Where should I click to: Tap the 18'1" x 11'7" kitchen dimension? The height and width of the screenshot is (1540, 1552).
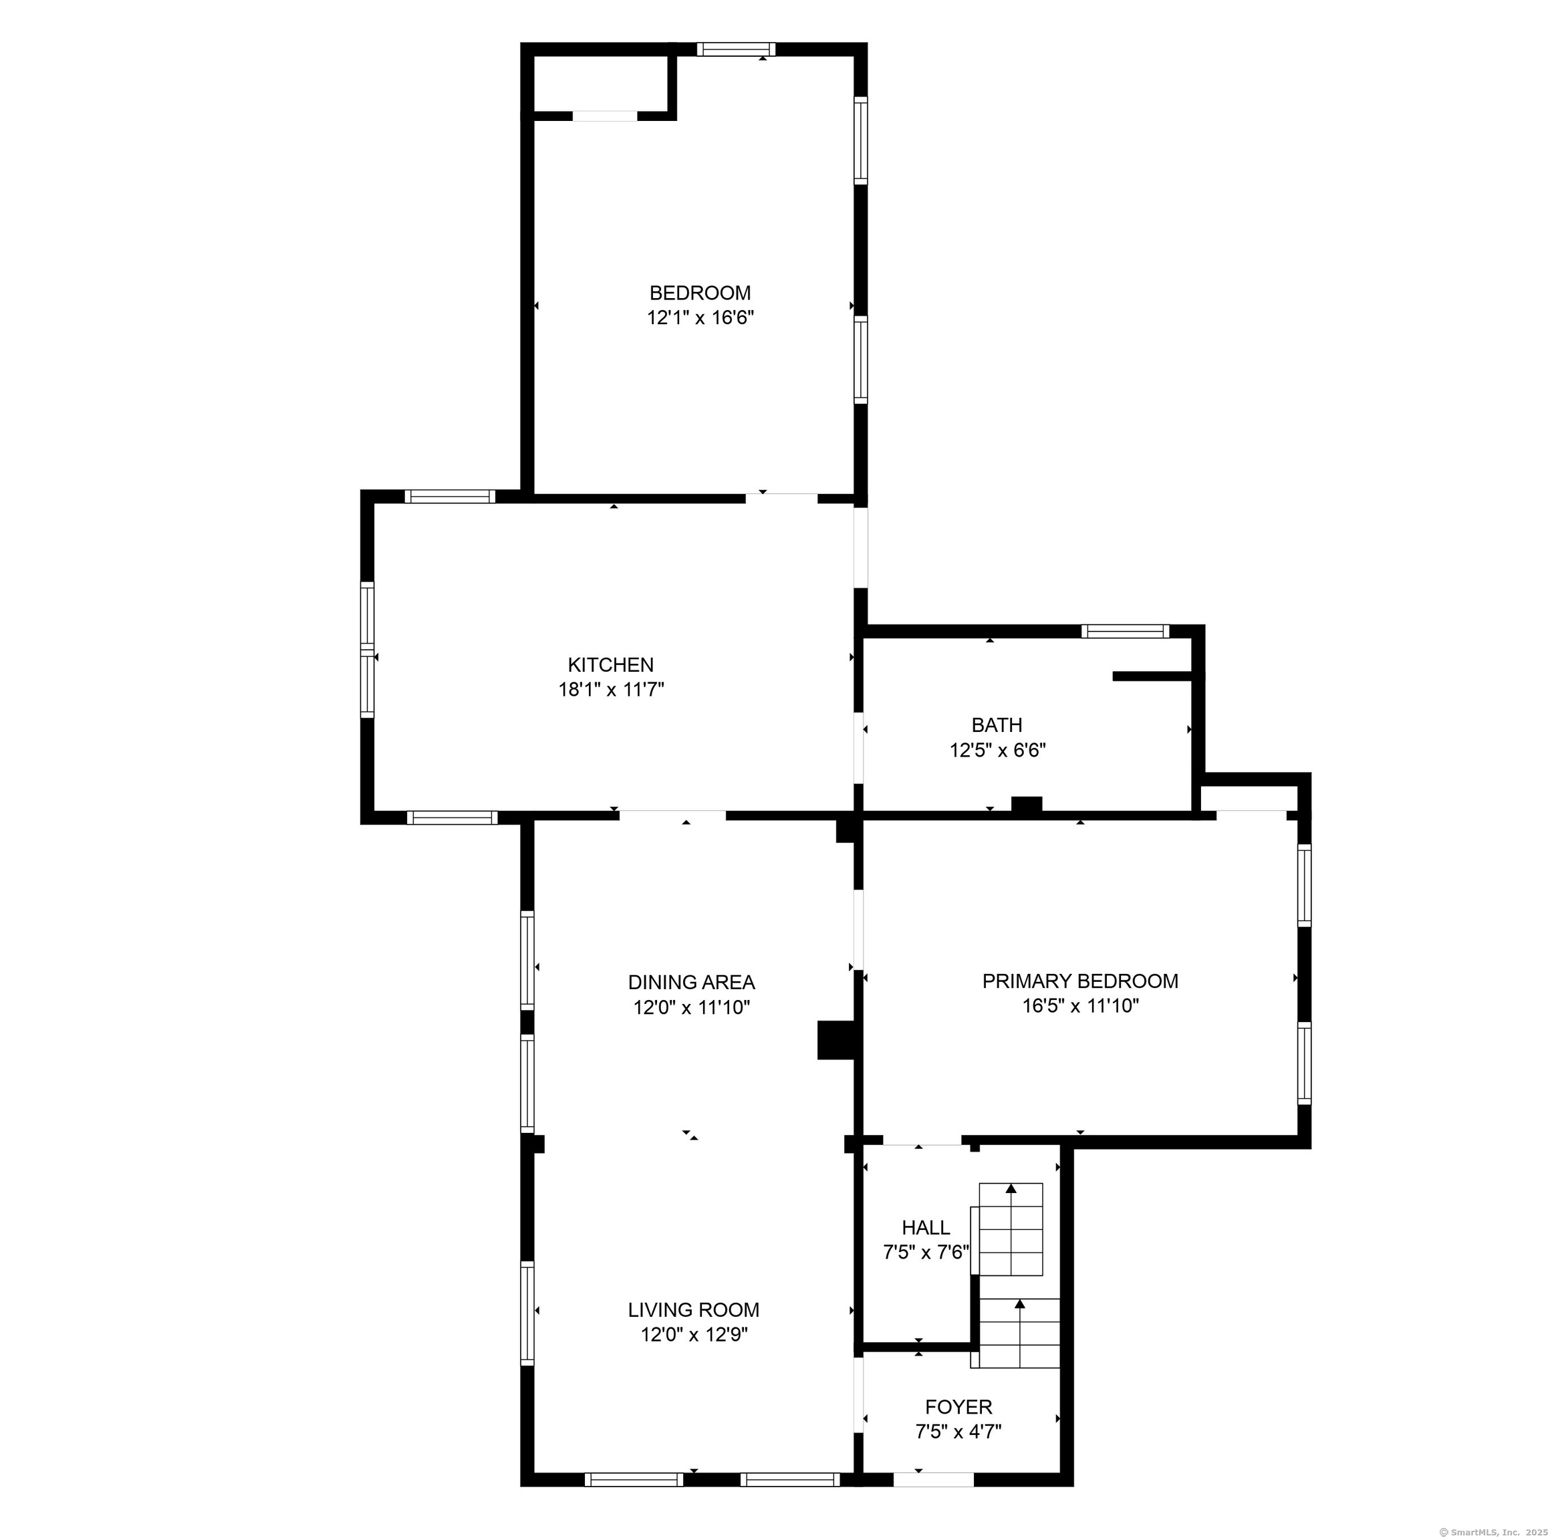(x=612, y=689)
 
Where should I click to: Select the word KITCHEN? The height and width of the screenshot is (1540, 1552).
(x=610, y=664)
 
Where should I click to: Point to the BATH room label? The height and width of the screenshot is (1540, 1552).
(x=997, y=725)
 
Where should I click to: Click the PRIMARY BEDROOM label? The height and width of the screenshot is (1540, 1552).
(x=1081, y=980)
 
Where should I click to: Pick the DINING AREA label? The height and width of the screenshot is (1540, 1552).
(x=692, y=982)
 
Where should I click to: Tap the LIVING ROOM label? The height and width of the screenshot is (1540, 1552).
(x=693, y=1309)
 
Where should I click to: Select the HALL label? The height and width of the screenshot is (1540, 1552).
(x=926, y=1227)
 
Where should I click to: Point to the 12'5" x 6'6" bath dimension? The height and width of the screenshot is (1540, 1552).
(x=998, y=751)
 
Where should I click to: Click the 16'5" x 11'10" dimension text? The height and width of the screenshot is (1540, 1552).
(x=1081, y=1005)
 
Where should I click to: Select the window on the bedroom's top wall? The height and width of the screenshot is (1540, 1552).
(x=737, y=49)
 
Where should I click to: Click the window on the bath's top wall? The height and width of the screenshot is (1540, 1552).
(x=1125, y=632)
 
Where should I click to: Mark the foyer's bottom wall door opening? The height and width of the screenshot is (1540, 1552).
(x=934, y=1480)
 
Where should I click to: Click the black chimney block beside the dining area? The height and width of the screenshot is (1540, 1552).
(x=835, y=1039)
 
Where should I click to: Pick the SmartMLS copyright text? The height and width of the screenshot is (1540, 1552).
(x=1492, y=1532)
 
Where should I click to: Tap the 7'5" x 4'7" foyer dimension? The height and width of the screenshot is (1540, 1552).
(x=958, y=1432)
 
